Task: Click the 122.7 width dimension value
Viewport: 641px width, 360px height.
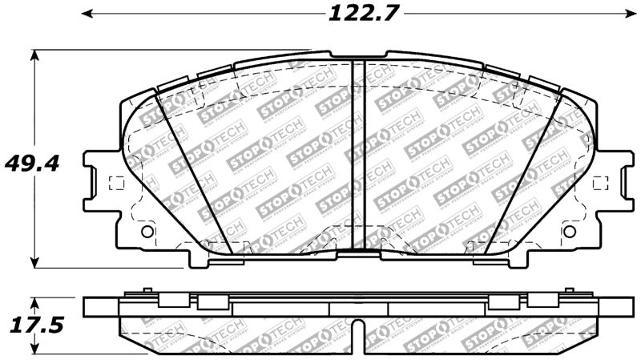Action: [363, 14]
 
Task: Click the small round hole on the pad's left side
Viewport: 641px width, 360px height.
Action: [146, 232]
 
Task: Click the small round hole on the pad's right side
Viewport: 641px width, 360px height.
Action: [570, 232]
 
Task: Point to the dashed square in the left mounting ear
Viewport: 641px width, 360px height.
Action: [115, 183]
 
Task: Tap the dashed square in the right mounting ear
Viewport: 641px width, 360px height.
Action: [600, 183]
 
